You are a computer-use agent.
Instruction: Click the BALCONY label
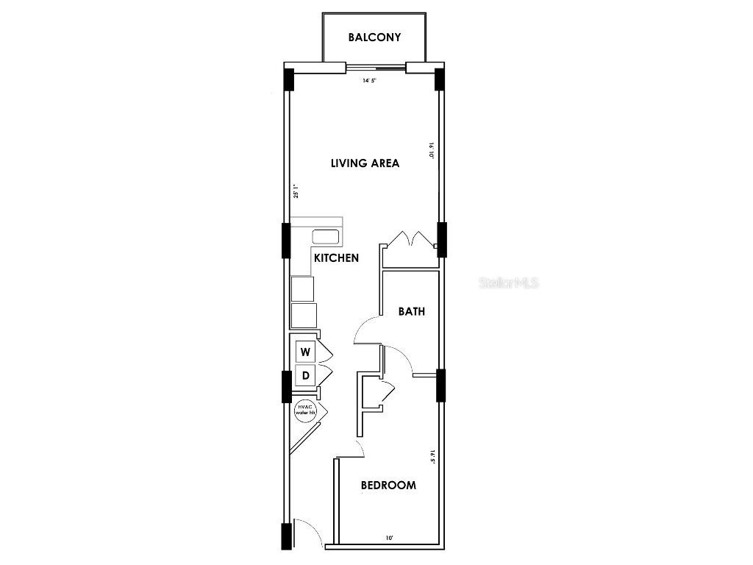(374, 37)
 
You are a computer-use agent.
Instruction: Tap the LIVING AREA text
(365, 163)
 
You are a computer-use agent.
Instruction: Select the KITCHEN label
(336, 258)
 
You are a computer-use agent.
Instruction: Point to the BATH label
(412, 311)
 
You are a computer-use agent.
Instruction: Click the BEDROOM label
(388, 485)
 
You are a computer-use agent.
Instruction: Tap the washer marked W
(305, 351)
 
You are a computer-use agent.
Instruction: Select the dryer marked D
(305, 376)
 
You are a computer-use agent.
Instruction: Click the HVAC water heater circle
(305, 410)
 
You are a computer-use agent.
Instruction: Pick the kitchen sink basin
(326, 237)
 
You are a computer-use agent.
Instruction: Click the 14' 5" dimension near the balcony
(369, 81)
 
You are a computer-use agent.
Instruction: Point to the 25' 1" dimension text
(296, 191)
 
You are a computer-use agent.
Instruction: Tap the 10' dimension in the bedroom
(389, 539)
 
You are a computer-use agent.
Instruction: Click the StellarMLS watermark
(509, 282)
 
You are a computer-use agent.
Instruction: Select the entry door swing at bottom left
(307, 532)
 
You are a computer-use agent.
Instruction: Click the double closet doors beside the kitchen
(408, 240)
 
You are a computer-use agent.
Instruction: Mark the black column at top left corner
(289, 79)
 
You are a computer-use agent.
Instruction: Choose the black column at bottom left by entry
(287, 536)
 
